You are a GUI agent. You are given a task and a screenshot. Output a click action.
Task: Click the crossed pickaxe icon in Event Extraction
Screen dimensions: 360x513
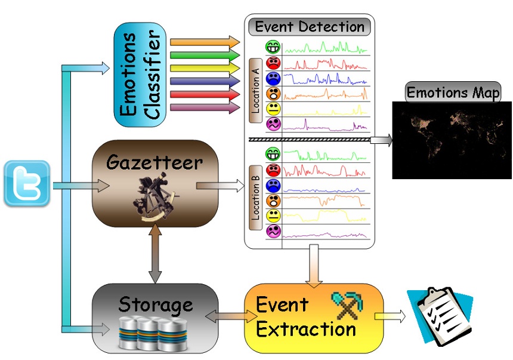[342, 304]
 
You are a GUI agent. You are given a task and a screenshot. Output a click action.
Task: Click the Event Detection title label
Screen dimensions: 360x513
[309, 27]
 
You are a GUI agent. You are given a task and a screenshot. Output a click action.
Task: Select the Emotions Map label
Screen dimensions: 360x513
[453, 93]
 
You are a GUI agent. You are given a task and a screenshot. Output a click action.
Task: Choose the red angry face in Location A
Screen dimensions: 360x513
[273, 63]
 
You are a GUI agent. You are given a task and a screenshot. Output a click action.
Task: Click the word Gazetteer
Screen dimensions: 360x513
[155, 162]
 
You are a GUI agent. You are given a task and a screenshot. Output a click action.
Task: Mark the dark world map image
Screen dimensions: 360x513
[452, 141]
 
